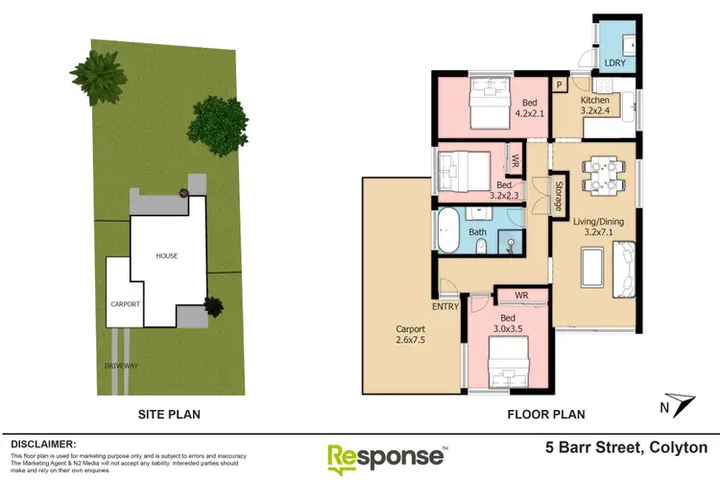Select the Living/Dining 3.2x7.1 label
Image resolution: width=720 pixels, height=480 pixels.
tap(599, 228)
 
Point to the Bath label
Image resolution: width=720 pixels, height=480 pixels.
tap(478, 231)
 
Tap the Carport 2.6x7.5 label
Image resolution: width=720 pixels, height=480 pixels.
tap(410, 333)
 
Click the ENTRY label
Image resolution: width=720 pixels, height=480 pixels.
tap(445, 306)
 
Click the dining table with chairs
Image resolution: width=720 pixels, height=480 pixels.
tap(598, 176)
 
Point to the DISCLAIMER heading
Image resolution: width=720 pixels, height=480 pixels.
tap(42, 444)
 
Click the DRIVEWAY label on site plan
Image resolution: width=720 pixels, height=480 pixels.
tap(122, 366)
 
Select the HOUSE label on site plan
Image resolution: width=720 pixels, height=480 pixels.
tap(167, 255)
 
